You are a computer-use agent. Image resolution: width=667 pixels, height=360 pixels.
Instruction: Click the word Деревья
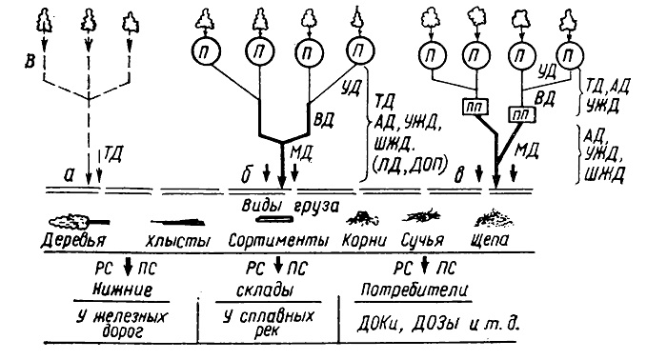(73, 241)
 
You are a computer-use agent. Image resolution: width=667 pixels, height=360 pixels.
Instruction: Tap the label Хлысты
(178, 241)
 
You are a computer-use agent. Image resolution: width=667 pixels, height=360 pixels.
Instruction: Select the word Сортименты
(278, 241)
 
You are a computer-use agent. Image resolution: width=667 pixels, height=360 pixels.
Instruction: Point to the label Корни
(365, 241)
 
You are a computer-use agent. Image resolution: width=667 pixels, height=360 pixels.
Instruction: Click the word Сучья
(422, 241)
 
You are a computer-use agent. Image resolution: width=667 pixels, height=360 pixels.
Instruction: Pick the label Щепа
(490, 241)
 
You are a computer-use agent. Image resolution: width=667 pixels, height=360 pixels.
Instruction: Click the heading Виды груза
(291, 206)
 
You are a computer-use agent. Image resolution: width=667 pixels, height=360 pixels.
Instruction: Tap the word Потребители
(414, 290)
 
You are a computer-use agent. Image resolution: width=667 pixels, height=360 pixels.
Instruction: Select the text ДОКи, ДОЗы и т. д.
(438, 325)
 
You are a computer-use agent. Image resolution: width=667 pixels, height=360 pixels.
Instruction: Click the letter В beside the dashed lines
(30, 62)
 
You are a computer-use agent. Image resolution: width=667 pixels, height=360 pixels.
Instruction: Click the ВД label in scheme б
(323, 120)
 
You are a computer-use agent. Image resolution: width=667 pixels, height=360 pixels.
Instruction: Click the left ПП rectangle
(475, 107)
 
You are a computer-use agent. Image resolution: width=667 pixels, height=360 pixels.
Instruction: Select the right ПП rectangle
(522, 114)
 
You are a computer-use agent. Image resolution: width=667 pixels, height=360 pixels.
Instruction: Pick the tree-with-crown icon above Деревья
(79, 222)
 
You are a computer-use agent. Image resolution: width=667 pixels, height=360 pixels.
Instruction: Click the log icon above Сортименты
(274, 219)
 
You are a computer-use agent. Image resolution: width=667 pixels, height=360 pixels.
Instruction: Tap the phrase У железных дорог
(123, 325)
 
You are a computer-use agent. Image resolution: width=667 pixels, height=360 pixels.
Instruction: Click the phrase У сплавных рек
(269, 324)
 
